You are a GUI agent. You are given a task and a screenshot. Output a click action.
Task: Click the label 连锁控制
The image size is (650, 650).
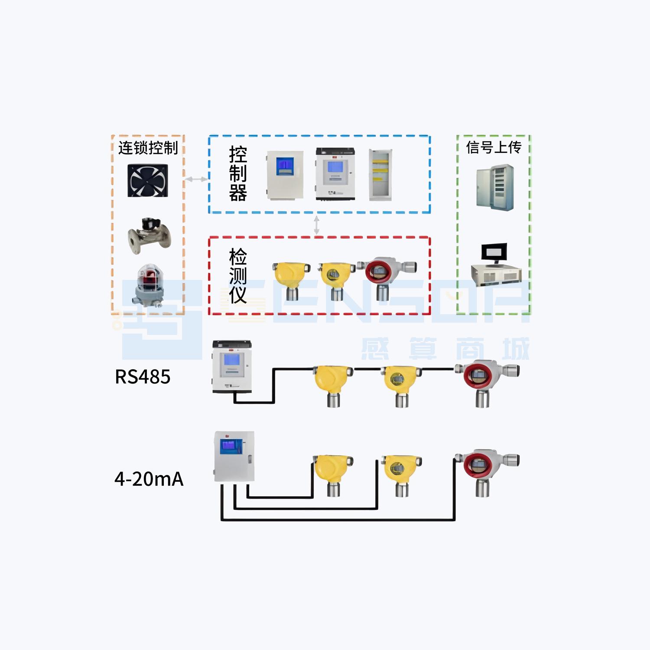(x=148, y=148)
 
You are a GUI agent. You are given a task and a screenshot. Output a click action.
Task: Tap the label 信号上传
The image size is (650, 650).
(x=494, y=147)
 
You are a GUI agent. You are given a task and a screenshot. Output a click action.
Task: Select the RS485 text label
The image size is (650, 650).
(x=143, y=377)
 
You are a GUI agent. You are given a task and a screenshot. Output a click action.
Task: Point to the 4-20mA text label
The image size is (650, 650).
(x=149, y=479)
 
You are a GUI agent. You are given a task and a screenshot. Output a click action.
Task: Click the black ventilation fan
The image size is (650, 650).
(x=147, y=180)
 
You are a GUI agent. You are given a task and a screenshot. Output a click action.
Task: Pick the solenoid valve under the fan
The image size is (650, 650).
(x=149, y=235)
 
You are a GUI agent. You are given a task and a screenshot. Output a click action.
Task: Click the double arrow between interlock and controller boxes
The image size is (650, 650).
(x=196, y=179)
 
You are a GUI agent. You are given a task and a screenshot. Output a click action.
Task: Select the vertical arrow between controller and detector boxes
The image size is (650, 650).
(x=316, y=225)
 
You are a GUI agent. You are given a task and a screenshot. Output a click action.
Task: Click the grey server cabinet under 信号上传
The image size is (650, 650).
(x=495, y=187)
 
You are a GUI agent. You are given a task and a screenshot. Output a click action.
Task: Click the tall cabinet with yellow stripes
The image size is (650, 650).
(x=380, y=175)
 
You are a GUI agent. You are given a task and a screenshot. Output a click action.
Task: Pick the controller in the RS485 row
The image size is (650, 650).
(x=232, y=367)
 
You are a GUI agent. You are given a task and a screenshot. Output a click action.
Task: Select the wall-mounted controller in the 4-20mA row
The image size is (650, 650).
(x=234, y=456)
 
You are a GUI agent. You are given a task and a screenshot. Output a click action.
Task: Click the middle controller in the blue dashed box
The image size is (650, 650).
(x=335, y=174)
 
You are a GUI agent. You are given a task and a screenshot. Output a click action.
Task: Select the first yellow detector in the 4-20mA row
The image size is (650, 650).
(x=332, y=472)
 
